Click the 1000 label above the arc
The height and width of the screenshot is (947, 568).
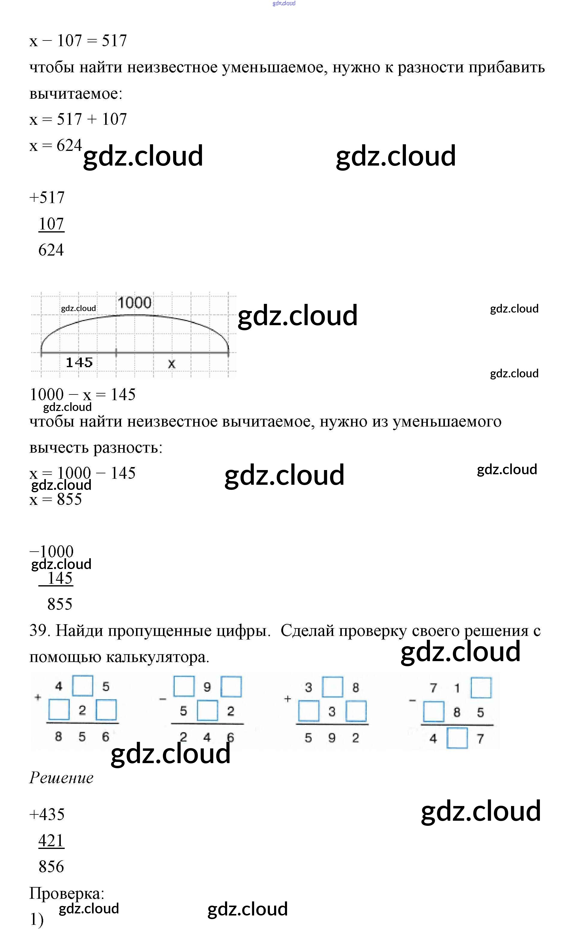134,303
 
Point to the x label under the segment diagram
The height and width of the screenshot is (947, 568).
171,364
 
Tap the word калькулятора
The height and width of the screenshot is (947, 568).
157,657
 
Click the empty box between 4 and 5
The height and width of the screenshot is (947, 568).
82,686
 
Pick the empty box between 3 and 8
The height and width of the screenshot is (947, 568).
332,687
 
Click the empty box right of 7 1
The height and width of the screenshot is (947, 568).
481,688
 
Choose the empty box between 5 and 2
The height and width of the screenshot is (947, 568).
207,711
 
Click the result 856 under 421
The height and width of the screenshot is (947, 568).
51,867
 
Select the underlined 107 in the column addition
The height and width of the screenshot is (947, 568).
51,224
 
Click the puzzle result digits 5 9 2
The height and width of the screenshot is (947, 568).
332,738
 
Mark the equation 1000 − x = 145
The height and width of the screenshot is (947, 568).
83,395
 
